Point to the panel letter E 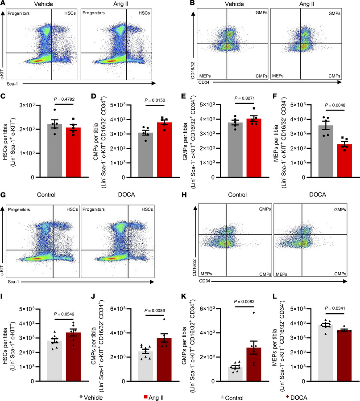[184, 96]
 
